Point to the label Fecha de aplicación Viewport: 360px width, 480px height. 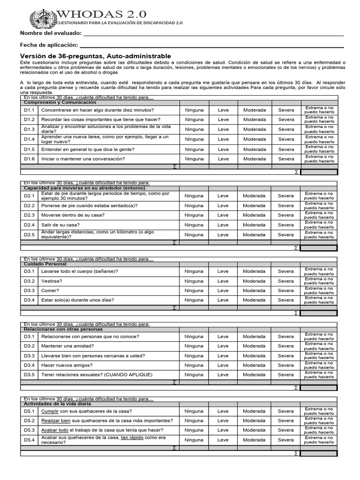(x=48, y=45)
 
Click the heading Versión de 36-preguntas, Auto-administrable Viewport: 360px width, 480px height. (x=92, y=56)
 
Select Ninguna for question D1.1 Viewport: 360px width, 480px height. (x=194, y=110)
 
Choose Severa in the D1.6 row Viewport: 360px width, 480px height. (x=286, y=159)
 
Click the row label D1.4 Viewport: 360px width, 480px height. (x=30, y=139)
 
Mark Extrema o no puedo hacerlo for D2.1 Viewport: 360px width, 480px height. (x=319, y=196)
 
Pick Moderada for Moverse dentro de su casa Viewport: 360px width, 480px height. (x=254, y=215)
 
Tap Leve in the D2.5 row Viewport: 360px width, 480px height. (x=223, y=235)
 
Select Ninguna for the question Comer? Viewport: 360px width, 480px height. (x=194, y=291)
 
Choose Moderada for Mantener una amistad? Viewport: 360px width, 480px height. (x=254, y=346)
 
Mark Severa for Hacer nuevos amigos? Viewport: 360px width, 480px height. (x=286, y=365)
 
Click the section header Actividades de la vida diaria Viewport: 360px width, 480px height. (x=58, y=404)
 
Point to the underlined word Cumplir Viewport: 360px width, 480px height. (x=49, y=411)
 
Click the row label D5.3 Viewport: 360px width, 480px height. (x=30, y=430)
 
